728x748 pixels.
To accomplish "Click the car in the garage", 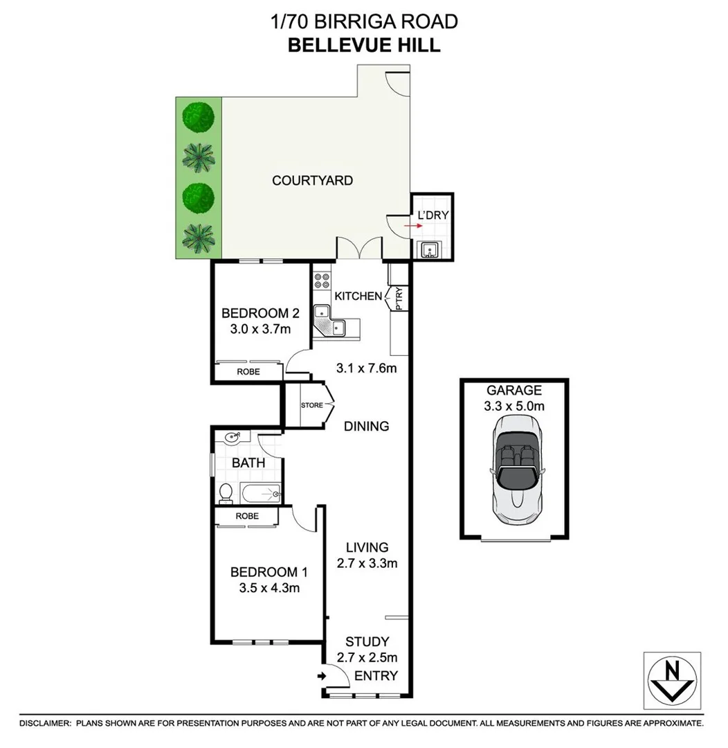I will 514,470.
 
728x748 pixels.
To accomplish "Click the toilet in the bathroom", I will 226,492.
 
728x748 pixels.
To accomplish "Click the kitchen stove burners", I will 322,280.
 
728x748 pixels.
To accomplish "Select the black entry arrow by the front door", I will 322,676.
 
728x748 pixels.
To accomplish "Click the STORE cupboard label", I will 311,405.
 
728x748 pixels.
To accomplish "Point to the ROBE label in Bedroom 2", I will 248,372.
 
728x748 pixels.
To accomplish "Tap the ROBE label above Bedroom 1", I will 247,516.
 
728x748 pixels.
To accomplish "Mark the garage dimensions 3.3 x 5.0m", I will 513,406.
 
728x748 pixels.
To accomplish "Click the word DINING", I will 366,426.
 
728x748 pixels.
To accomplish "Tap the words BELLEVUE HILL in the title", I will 363,45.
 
